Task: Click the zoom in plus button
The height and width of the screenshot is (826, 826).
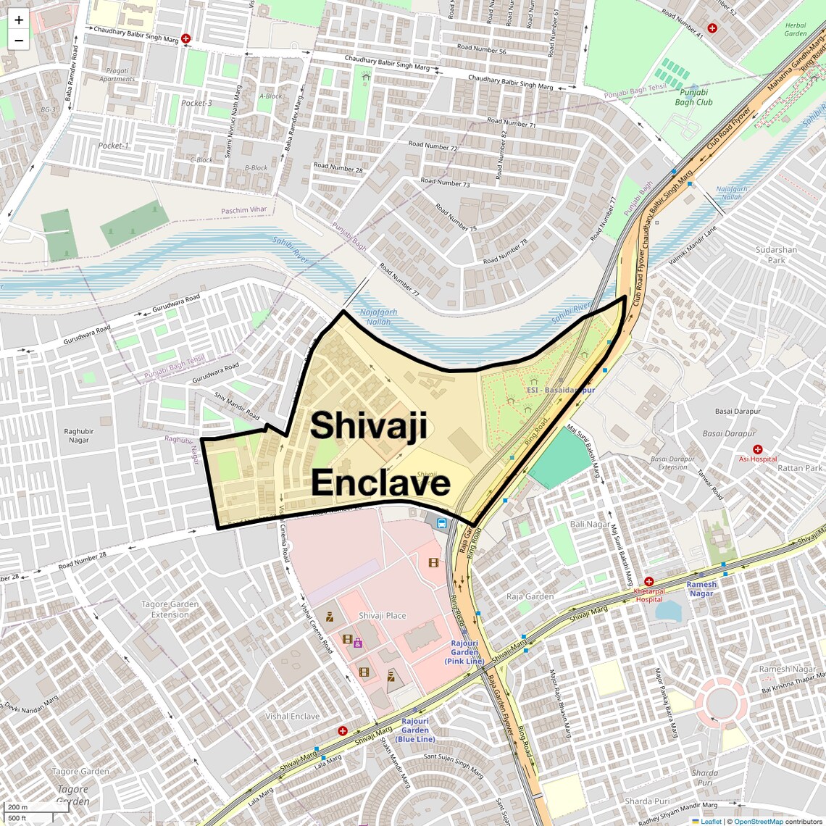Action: click(19, 20)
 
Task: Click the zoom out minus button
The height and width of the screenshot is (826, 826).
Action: click(19, 41)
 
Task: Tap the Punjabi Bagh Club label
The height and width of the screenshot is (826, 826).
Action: click(693, 97)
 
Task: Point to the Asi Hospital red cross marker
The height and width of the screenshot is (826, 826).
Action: click(758, 449)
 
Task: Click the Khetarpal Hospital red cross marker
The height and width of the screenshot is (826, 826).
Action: click(649, 582)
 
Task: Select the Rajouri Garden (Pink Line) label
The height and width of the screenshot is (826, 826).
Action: click(464, 652)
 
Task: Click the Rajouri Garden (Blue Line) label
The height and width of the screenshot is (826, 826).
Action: click(415, 730)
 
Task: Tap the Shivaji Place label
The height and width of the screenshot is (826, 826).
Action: click(382, 616)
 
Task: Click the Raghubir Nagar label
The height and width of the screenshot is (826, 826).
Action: click(79, 435)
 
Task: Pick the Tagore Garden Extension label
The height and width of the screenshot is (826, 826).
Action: click(170, 609)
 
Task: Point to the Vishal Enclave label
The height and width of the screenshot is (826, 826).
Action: click(292, 716)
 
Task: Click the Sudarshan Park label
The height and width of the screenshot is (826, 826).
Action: click(776, 255)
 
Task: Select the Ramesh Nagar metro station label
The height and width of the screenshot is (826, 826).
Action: click(701, 588)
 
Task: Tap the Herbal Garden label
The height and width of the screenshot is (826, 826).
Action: click(795, 30)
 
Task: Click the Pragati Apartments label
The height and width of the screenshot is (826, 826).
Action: click(117, 75)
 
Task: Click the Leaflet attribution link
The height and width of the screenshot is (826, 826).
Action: click(711, 821)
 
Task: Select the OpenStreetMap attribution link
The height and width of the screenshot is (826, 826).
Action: click(758, 821)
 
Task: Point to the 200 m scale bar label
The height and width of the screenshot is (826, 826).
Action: click(17, 807)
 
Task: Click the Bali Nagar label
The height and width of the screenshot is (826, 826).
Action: click(590, 524)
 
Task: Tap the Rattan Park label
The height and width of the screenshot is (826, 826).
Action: click(800, 468)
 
